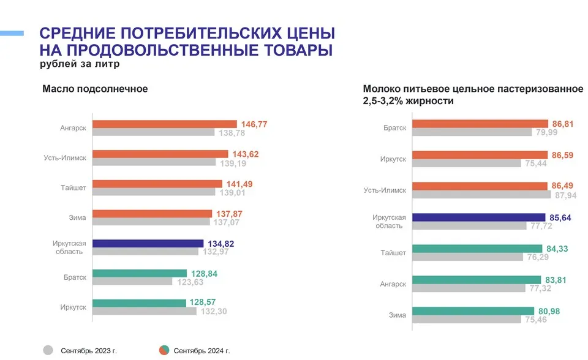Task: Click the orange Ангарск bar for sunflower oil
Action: (x=164, y=124)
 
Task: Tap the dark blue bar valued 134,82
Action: (x=148, y=244)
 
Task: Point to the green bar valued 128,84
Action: (x=139, y=273)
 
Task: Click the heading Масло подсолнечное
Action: (x=95, y=89)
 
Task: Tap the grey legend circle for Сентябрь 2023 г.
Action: (x=48, y=350)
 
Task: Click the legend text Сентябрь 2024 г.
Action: (x=202, y=351)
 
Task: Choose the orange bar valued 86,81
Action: (x=480, y=124)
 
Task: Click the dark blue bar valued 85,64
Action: (x=478, y=217)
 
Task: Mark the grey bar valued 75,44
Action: (x=466, y=163)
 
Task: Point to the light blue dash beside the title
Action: (x=12, y=32)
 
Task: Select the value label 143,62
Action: (x=246, y=154)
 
